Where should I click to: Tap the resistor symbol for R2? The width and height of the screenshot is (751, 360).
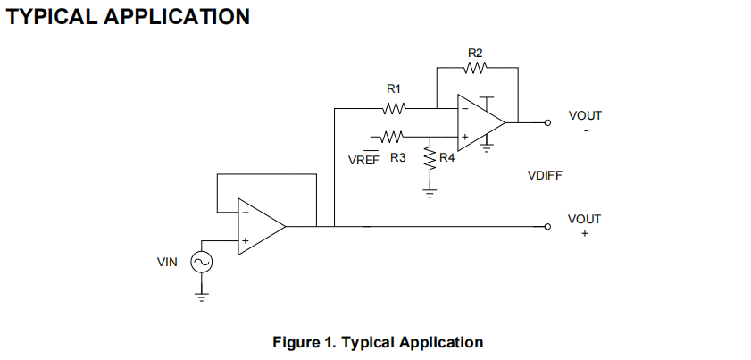pos(476,67)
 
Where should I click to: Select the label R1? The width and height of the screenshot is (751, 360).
pos(394,89)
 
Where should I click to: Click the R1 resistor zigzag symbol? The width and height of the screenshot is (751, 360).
pos(394,109)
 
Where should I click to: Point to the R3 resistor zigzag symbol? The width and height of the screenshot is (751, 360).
pos(394,137)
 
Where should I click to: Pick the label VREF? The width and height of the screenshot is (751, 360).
pos(363,159)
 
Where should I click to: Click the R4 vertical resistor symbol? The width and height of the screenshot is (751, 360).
pos(430,159)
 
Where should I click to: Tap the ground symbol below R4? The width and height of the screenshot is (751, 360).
pos(430,192)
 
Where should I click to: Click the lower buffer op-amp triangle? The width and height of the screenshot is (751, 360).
pos(259,227)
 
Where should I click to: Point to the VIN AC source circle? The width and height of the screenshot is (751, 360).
pos(201,262)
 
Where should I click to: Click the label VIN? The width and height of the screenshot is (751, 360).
pos(167,262)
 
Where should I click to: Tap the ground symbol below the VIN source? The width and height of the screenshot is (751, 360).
pos(201,297)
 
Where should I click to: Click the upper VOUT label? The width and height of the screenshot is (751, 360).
pos(585,115)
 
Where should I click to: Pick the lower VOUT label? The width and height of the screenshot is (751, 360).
pos(585,219)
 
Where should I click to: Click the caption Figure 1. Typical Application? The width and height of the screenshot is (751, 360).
pos(378,342)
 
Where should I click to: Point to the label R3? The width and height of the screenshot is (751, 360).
pos(398,159)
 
